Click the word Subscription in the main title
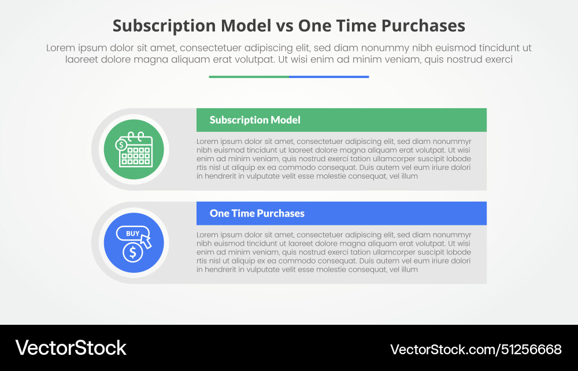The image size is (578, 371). coord(164,26)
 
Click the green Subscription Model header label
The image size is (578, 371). coord(255,120)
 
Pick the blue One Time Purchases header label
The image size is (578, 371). coord(257,213)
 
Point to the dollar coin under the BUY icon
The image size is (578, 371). coord(133,252)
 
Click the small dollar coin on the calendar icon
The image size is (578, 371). coord(121,144)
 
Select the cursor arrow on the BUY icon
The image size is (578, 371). coord(146,241)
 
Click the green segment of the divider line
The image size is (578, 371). coord(249,76)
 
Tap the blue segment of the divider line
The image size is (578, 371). coord(329,76)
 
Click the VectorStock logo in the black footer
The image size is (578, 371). coord(71,348)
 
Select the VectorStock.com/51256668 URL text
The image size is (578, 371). coord(476,349)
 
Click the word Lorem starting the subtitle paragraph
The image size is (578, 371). coord(59,48)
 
